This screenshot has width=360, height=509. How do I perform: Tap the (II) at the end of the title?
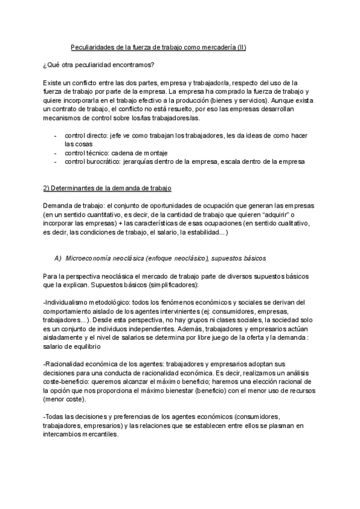click(242, 46)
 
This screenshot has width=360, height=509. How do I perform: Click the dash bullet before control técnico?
click(56, 154)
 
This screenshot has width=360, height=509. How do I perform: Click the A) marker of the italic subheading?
click(58, 258)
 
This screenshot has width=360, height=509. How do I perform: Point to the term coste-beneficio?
click(68, 381)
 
